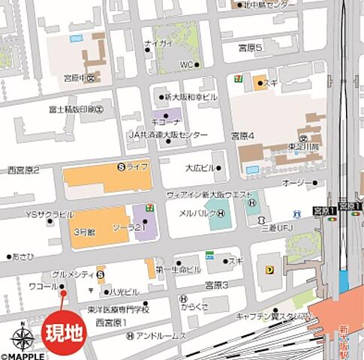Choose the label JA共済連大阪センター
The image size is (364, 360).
coord(167,134)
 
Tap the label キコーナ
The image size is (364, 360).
coord(164,120)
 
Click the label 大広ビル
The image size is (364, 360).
coord(200,168)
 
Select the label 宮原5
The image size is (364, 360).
coord(250,48)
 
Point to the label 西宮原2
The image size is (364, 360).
coord(23,170)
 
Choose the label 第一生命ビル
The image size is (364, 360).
coord(179,268)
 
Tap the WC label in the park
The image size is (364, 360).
coord(186,64)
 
